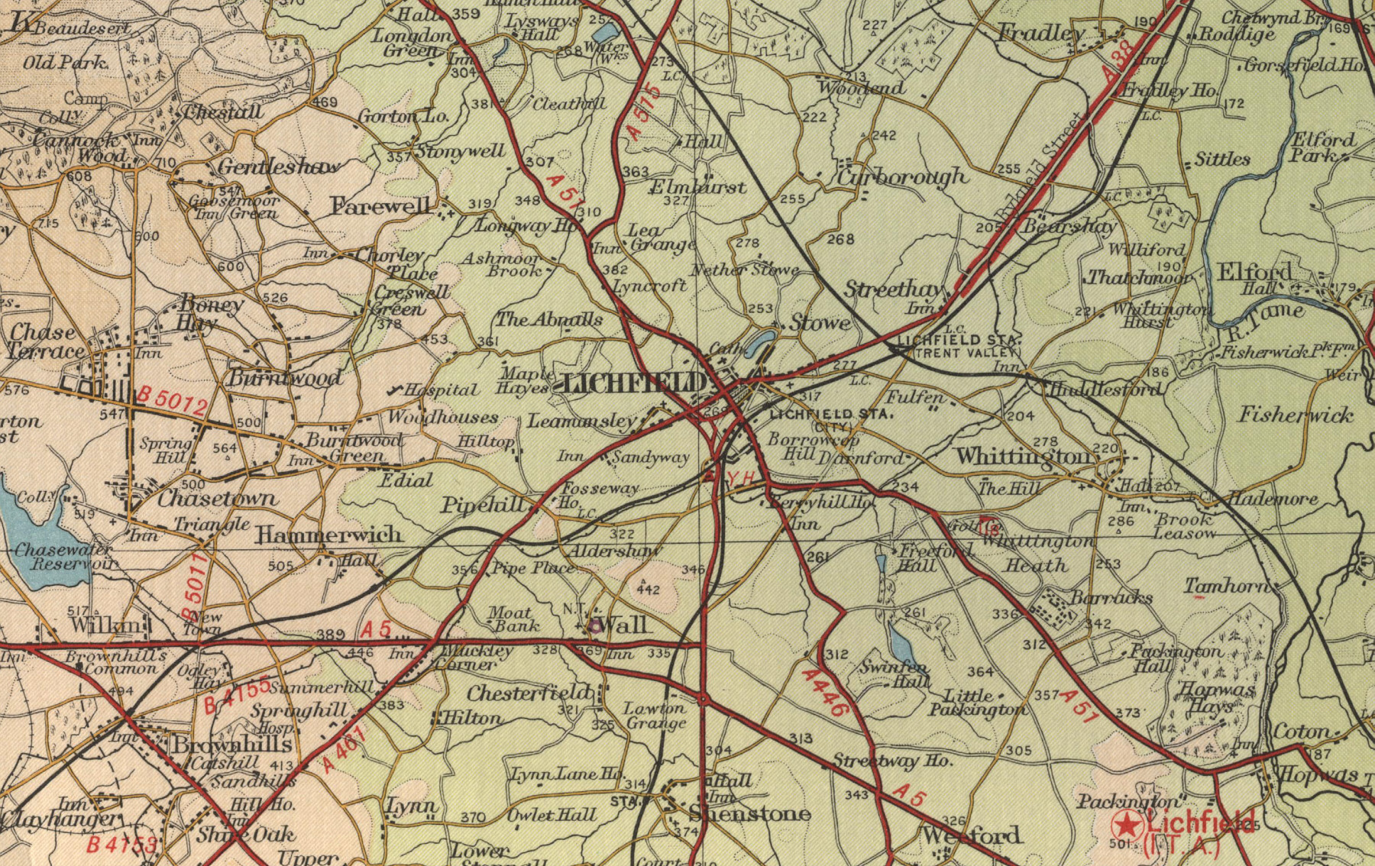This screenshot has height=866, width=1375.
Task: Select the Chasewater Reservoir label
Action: pos(65,557)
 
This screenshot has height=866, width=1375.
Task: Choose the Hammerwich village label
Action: pos(328,535)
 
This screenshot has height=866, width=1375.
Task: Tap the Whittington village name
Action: pos(1024,457)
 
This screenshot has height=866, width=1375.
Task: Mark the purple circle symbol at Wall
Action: pos(594,626)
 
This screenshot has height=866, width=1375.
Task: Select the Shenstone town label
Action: pos(749,813)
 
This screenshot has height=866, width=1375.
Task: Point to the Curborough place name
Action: pos(901,176)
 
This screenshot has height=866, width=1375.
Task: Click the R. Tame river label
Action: pos(1264,312)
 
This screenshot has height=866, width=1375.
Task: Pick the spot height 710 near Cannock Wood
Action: pos(165,163)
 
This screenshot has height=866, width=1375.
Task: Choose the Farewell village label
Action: pos(380,205)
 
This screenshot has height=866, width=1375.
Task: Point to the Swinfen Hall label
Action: pos(895,674)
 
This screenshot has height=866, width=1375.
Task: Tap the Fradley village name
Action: pos(1041,34)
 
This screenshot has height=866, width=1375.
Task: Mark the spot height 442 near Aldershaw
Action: pos(648,590)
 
